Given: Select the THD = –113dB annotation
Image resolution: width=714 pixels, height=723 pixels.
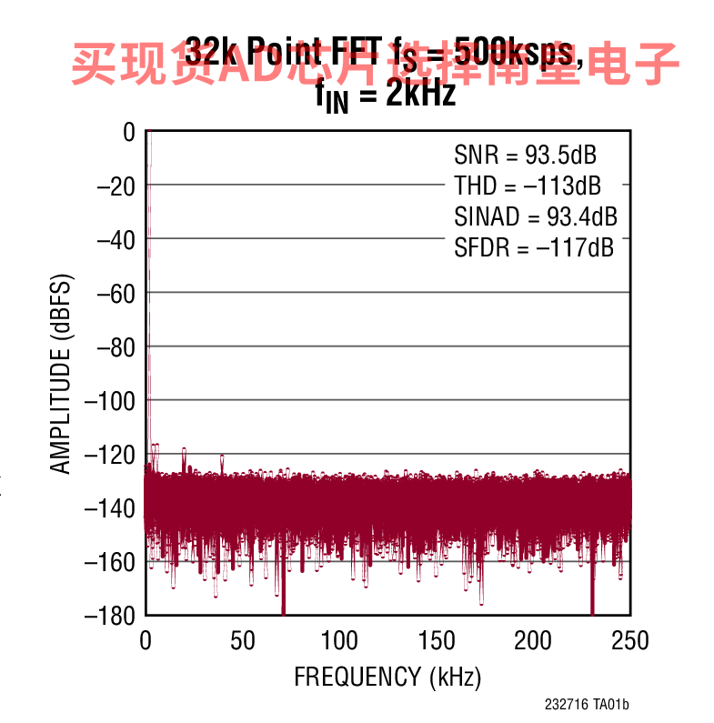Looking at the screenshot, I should (x=528, y=186).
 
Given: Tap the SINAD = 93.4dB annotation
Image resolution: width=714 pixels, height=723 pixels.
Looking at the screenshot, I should (x=536, y=216).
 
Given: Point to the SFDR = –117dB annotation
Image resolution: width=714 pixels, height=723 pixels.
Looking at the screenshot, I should (x=534, y=247).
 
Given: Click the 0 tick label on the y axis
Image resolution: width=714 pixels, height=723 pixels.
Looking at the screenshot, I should (x=128, y=133).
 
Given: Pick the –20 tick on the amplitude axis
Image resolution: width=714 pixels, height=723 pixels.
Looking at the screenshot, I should (x=116, y=186).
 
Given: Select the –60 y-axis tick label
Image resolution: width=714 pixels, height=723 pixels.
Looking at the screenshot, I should (x=116, y=293).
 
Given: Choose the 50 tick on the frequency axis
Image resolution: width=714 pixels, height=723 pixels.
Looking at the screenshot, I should (x=243, y=640).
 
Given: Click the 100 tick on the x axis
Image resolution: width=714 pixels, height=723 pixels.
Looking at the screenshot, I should (x=339, y=640).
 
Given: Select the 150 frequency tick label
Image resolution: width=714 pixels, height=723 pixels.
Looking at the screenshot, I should (x=437, y=640).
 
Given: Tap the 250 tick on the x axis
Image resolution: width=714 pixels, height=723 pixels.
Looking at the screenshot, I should (x=629, y=640).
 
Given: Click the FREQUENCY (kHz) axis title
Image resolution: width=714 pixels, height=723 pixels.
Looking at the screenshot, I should (x=387, y=677).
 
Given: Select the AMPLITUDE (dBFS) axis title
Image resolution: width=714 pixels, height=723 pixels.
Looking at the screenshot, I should (x=60, y=373).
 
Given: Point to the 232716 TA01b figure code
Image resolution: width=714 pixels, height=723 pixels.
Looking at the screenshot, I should (x=587, y=705).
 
